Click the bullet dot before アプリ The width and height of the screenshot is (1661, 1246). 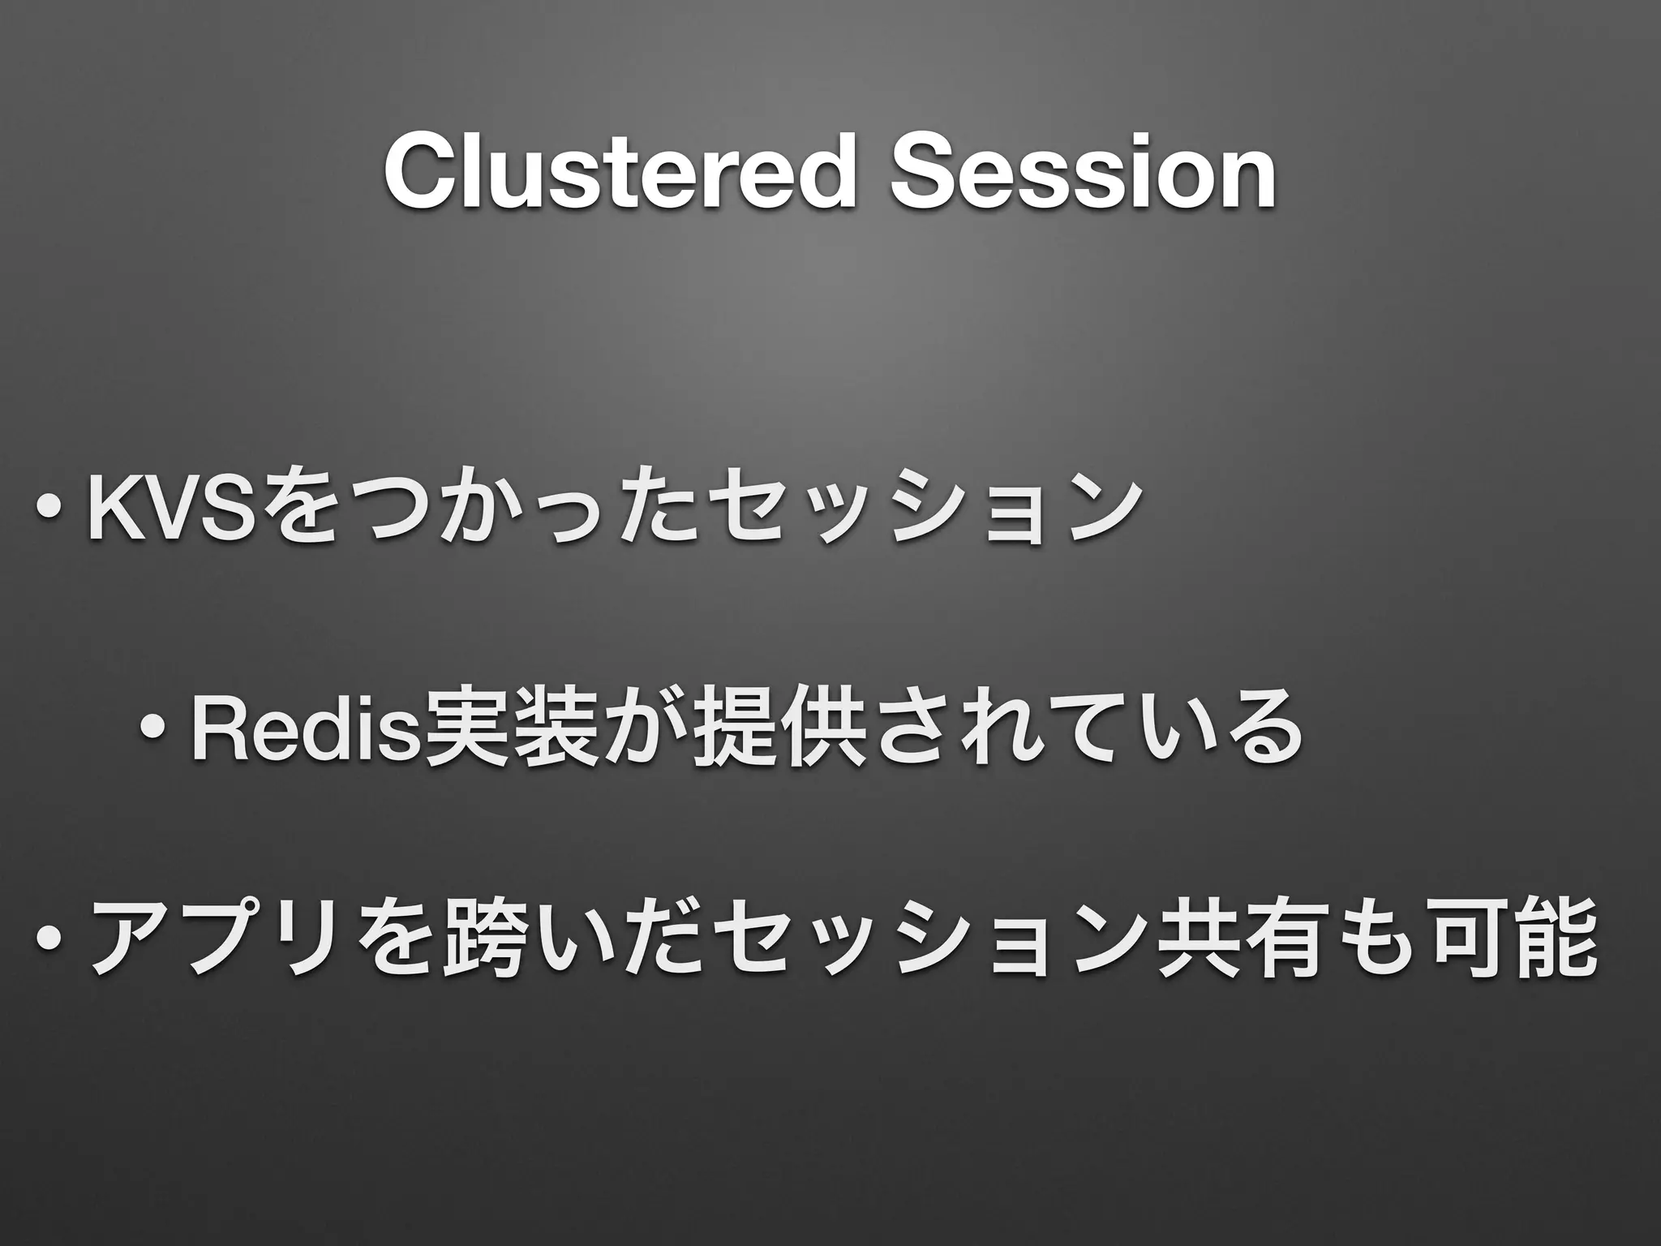(x=50, y=938)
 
